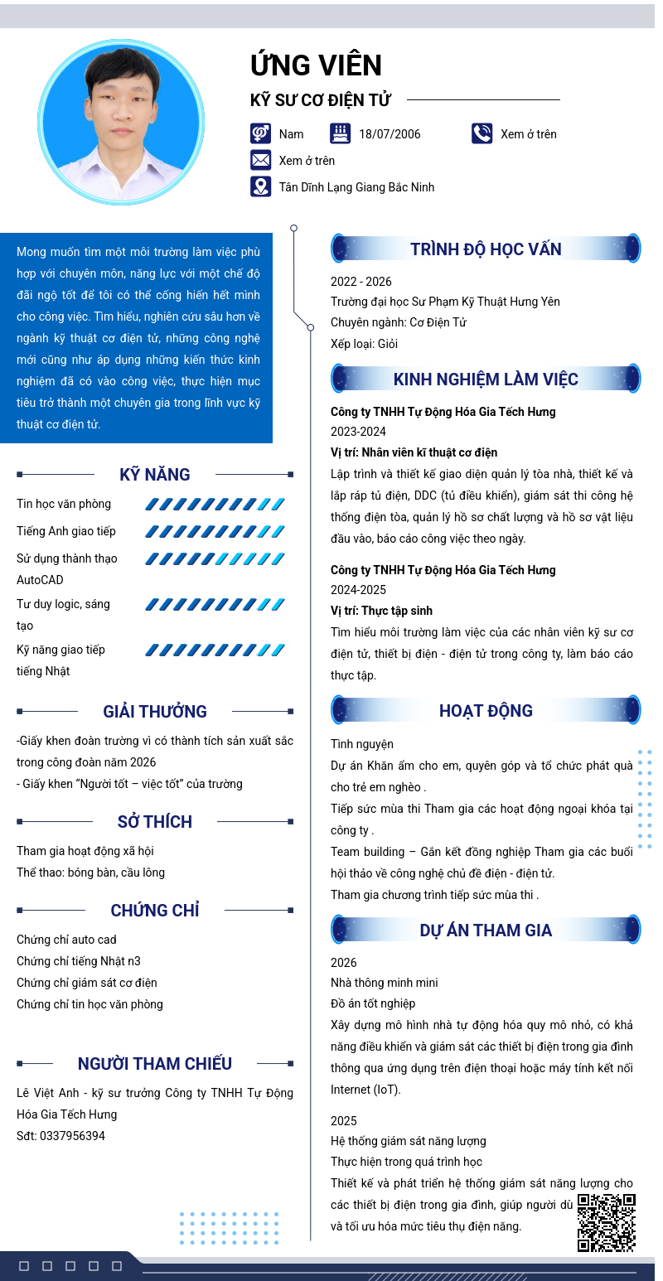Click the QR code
(606, 1222)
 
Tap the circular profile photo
(121, 123)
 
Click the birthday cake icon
(340, 133)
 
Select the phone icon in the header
(482, 133)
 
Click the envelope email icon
(260, 160)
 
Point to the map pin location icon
(260, 186)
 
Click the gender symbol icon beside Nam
(260, 133)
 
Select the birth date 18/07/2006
(390, 134)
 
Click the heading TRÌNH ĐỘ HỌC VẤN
(486, 249)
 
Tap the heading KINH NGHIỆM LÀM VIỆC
(486, 379)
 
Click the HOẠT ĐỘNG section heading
(486, 710)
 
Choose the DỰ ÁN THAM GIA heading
(486, 930)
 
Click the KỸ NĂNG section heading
(155, 475)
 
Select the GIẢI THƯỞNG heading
(155, 712)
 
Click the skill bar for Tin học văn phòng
(215, 504)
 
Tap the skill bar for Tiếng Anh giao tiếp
(215, 531)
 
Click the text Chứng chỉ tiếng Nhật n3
(79, 961)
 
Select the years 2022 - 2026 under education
(361, 282)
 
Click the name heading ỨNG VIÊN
(316, 65)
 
